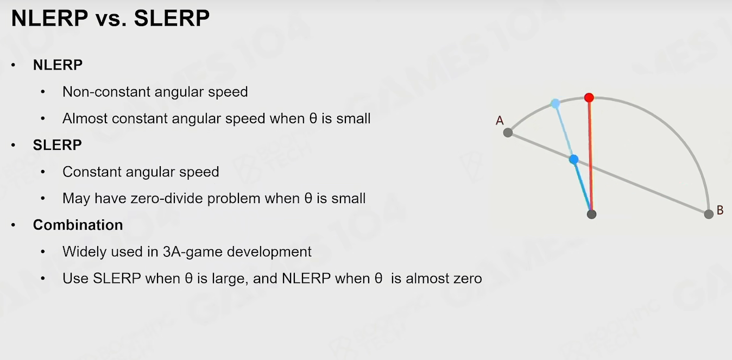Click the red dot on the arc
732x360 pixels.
[x=589, y=97]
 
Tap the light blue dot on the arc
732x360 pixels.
[x=555, y=104]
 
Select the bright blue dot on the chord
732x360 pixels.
[x=573, y=160]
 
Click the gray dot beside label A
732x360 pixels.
[x=508, y=132]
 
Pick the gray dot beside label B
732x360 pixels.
[x=709, y=214]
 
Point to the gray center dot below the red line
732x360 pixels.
[x=591, y=214]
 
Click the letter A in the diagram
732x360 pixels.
[x=500, y=121]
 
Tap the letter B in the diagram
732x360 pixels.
[x=720, y=210]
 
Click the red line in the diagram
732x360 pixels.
[x=590, y=156]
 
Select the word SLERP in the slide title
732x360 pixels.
[x=172, y=18]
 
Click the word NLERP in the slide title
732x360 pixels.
[x=49, y=18]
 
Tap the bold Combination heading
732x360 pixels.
[x=78, y=225]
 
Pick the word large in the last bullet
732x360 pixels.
[x=228, y=279]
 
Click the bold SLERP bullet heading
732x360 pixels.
[x=57, y=145]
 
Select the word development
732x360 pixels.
[x=269, y=252]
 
